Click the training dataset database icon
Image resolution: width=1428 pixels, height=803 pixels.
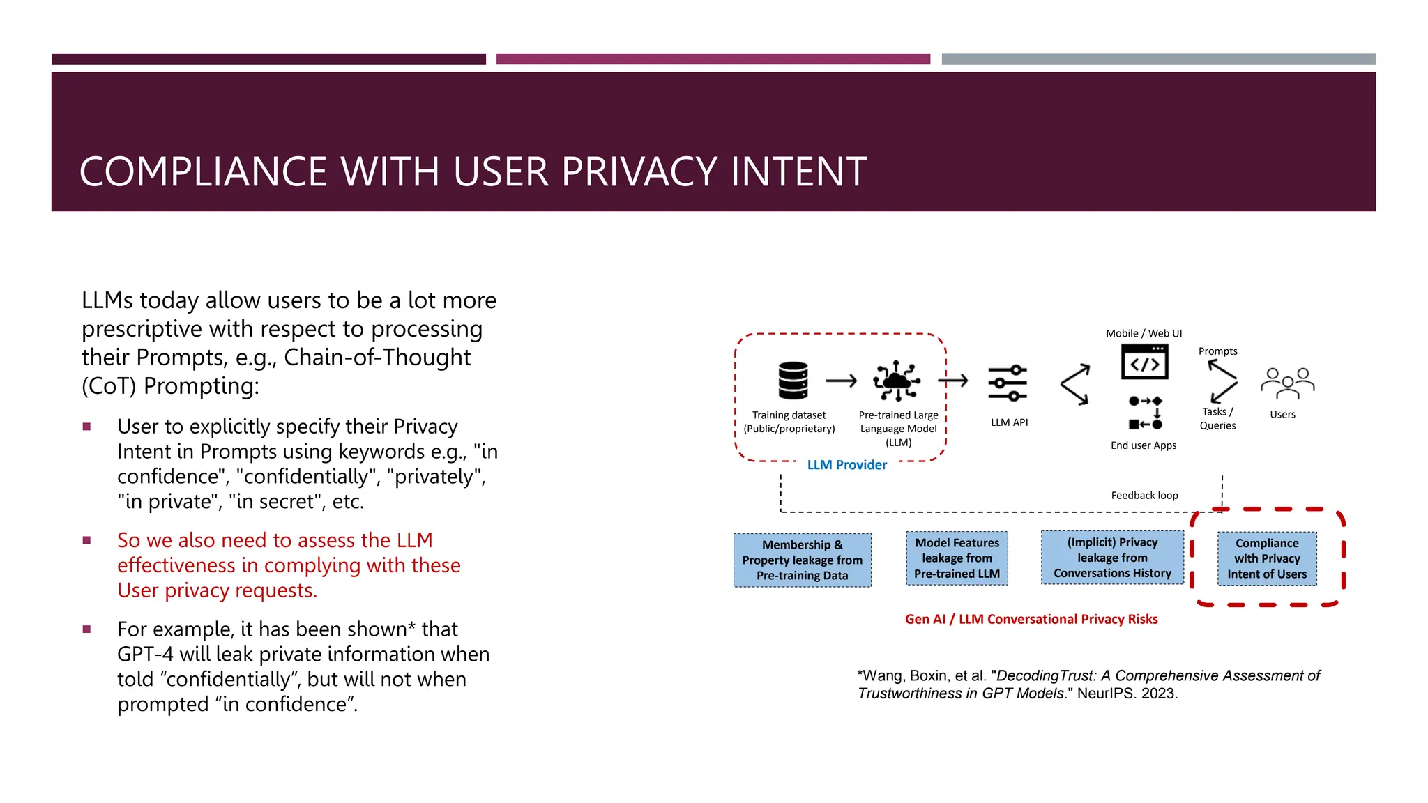point(793,381)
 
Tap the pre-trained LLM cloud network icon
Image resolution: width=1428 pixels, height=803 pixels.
point(897,381)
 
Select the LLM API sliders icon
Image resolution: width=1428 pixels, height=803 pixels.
point(1008,383)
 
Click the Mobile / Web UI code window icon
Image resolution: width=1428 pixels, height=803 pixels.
point(1144,362)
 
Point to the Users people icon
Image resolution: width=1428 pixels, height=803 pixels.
point(1287,383)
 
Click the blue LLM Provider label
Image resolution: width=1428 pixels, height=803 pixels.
point(846,465)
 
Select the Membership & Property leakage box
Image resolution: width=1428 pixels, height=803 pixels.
point(802,560)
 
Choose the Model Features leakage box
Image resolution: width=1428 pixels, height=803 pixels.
point(957,558)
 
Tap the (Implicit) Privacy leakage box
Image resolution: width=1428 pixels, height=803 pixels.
point(1112,558)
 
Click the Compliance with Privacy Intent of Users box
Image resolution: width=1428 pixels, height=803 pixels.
point(1267,559)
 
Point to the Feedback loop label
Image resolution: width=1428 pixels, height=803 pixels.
point(1144,496)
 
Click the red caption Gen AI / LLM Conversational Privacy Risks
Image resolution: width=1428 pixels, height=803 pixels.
point(1031,619)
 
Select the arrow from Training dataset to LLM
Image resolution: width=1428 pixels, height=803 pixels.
point(841,381)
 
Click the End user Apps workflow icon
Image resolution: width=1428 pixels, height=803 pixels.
point(1145,412)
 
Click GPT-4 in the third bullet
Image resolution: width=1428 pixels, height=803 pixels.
point(145,655)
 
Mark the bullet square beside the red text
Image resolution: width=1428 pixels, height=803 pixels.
point(87,540)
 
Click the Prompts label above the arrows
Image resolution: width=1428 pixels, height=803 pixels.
point(1217,351)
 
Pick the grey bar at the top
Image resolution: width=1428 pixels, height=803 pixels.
point(1158,59)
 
